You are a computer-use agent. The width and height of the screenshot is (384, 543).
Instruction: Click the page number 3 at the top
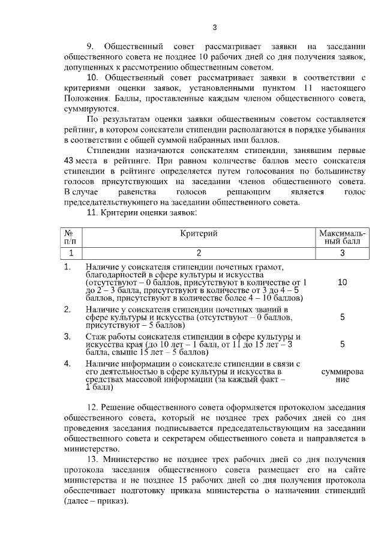pyautogui.click(x=215, y=27)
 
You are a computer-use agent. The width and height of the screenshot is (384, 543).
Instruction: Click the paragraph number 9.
pyautogui.click(x=91, y=46)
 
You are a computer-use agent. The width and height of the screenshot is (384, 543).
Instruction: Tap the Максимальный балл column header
pyautogui.click(x=343, y=237)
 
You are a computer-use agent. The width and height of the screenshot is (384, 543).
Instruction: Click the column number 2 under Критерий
pyautogui.click(x=198, y=253)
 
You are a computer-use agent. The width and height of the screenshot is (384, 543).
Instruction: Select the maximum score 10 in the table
pyautogui.click(x=342, y=281)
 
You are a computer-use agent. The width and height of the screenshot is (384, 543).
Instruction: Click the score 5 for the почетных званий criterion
pyautogui.click(x=342, y=317)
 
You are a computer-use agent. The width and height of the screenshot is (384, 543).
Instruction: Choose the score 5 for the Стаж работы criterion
pyautogui.click(x=342, y=344)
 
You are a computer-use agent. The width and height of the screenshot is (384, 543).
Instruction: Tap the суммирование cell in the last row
pyautogui.click(x=342, y=376)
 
